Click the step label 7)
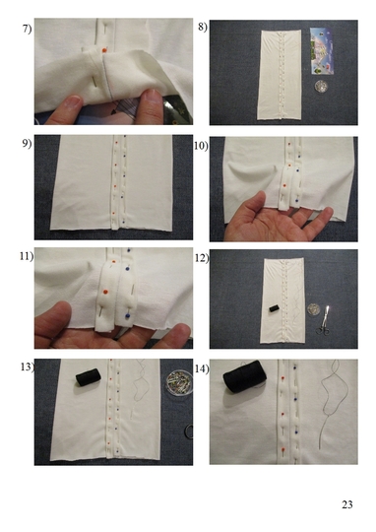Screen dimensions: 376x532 point(27,29)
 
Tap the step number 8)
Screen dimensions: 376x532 point(203,27)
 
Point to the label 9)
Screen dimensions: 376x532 point(27,144)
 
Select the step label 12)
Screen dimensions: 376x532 point(202,258)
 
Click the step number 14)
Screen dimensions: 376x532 point(202,368)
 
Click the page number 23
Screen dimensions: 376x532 point(347,504)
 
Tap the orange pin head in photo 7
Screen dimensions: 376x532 point(104,50)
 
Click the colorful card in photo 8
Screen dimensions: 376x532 point(322,51)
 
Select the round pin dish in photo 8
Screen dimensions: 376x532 point(321,86)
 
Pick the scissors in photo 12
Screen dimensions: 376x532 point(324,320)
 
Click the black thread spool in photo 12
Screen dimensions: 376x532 point(274,308)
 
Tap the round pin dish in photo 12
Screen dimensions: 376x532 point(313,308)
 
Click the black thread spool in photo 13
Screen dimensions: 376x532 point(89,377)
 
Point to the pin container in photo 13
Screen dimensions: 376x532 point(180,383)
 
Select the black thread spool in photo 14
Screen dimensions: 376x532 point(245,376)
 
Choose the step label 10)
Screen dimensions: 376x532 point(201,146)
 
